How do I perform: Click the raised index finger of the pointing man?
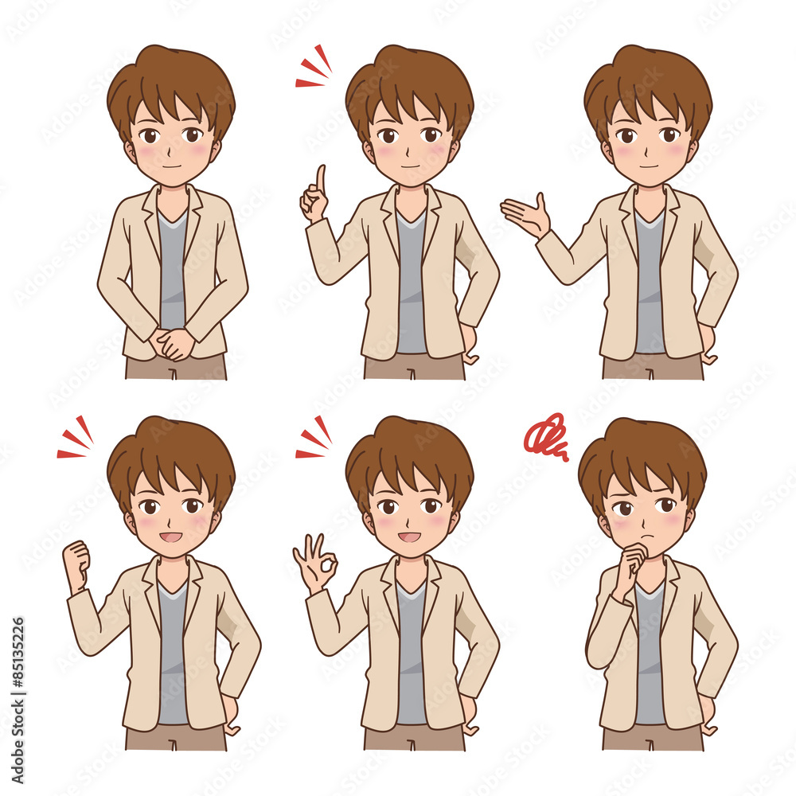(x=320, y=179)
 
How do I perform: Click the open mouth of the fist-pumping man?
(x=171, y=537)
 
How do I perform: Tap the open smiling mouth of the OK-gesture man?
(x=409, y=537)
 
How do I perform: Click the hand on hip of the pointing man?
(x=470, y=342)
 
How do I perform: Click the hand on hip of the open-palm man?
(x=708, y=342)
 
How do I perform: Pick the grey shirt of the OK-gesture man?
(x=411, y=653)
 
